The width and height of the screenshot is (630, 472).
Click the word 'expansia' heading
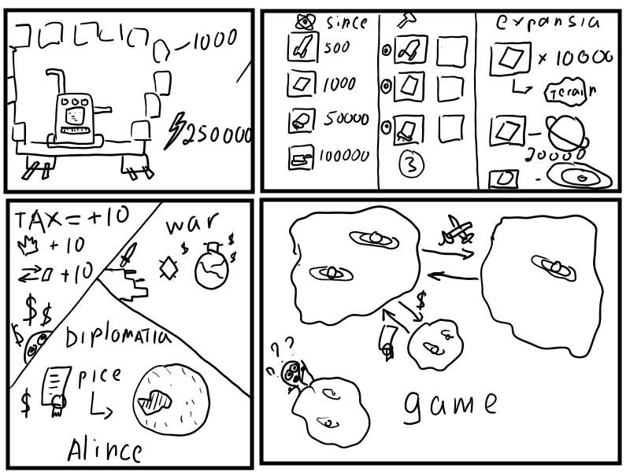point(548,22)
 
